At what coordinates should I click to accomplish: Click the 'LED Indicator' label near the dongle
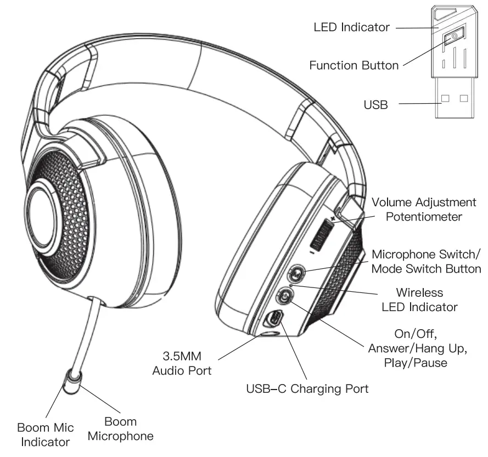pyautogui.click(x=351, y=26)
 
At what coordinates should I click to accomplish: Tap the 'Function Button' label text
pyautogui.click(x=354, y=65)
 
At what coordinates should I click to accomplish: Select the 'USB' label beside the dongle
pyautogui.click(x=376, y=104)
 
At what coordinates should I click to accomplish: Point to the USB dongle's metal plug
pyautogui.click(x=455, y=103)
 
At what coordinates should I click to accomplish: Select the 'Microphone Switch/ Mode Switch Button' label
pyautogui.click(x=426, y=262)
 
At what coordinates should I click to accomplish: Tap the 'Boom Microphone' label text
pyautogui.click(x=121, y=429)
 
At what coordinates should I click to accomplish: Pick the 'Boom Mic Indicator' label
pyautogui.click(x=46, y=434)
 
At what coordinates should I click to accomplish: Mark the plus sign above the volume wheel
pyautogui.click(x=332, y=218)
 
